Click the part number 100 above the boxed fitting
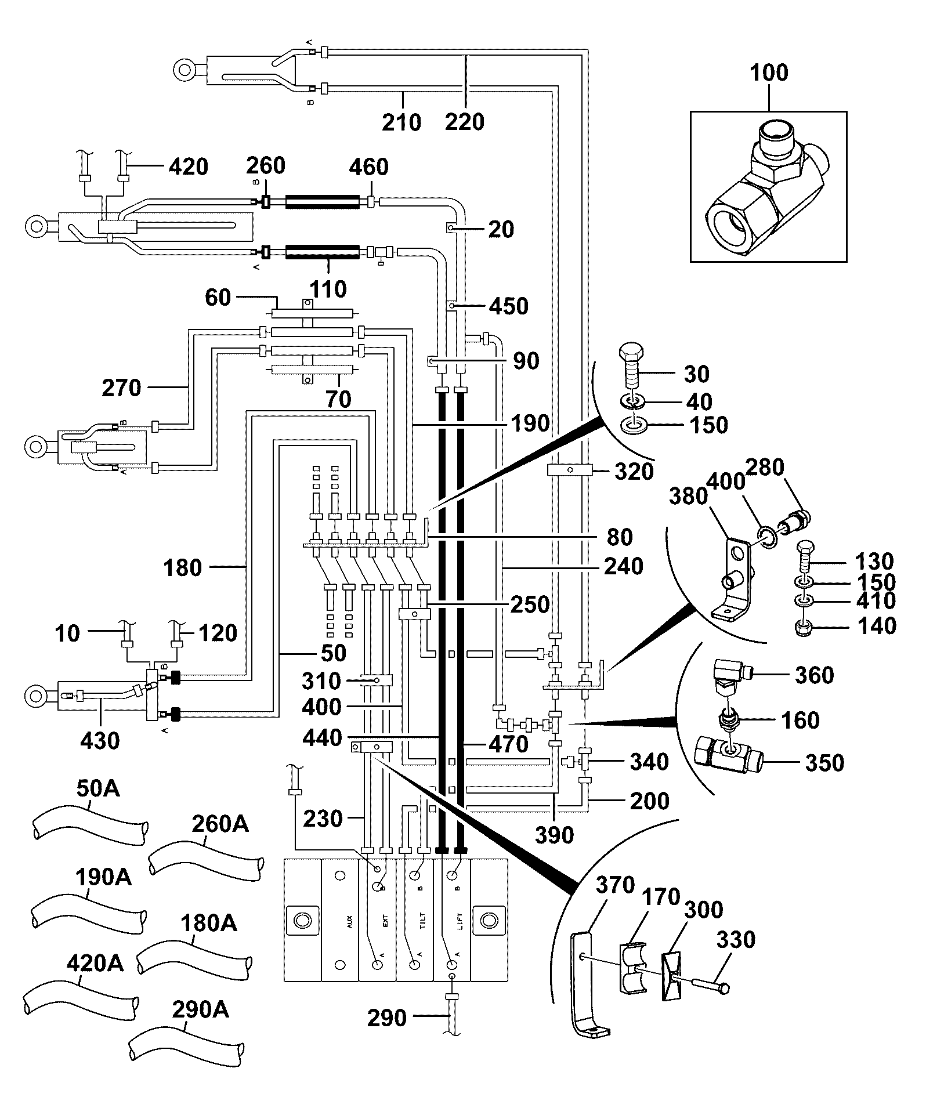coord(769,73)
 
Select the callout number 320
coord(634,472)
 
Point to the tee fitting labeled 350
coord(728,755)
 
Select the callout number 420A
coord(95,964)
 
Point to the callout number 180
coord(183,567)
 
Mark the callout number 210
coord(401,122)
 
